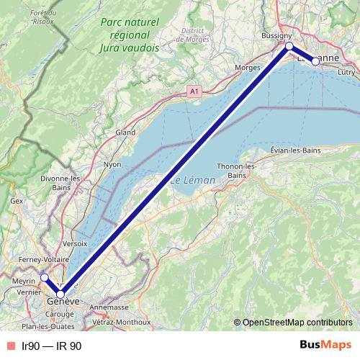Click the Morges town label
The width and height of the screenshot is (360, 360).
click(247, 68)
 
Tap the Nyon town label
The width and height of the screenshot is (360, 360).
click(112, 164)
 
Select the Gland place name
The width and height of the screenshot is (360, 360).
click(125, 132)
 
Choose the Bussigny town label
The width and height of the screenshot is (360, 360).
click(276, 35)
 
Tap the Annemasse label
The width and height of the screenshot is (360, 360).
click(109, 307)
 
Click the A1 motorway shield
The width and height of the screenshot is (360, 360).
click(194, 91)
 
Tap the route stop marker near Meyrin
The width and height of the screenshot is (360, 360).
click(44, 277)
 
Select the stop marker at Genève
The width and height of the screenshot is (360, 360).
click(60, 294)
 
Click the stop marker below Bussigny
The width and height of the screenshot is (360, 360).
click(289, 46)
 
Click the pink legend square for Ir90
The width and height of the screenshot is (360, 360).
click(9, 346)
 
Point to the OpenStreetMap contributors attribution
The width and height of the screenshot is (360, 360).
click(296, 322)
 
